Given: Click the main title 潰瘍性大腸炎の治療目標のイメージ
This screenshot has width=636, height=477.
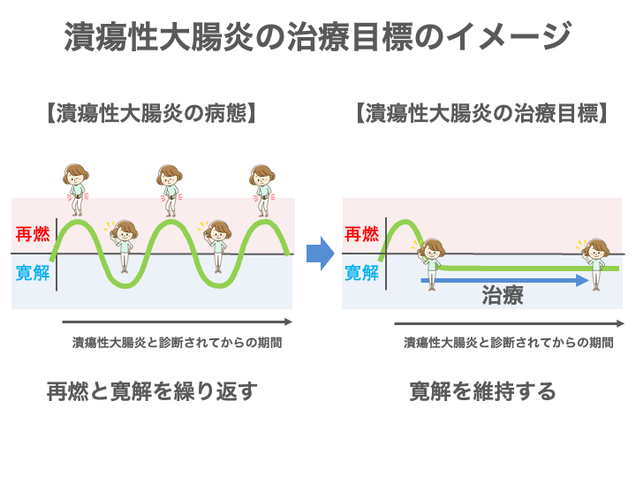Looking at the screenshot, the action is (318, 37).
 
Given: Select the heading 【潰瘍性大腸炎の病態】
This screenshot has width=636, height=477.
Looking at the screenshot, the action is (151, 113).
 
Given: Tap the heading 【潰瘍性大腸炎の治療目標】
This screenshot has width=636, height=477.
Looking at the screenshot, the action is (481, 113).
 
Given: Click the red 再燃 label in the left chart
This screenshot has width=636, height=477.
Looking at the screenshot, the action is (33, 234).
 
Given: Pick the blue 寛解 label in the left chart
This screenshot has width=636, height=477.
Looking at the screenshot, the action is (33, 273).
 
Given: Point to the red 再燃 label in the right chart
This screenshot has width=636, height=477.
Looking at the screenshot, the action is (361, 234).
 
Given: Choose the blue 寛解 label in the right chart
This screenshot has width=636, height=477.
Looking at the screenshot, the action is (361, 273).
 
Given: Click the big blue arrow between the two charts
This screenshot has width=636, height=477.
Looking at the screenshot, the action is (320, 254).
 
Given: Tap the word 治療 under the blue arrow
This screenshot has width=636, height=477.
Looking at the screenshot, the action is (503, 295).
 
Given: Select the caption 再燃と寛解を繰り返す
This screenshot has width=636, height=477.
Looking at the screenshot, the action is (152, 391).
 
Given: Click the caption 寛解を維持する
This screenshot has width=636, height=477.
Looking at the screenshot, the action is (482, 391).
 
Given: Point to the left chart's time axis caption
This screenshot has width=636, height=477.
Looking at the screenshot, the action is (177, 343).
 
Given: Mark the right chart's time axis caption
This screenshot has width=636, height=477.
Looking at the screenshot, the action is (508, 343).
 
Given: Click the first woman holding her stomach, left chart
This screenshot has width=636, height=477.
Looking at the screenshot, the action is (76, 190).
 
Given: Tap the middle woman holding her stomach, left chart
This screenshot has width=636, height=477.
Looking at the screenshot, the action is (170, 191).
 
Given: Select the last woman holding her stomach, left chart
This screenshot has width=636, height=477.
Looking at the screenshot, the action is (262, 191).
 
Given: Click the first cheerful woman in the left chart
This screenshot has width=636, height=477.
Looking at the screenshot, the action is (123, 246).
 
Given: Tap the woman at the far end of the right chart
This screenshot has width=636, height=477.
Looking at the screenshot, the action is (594, 264).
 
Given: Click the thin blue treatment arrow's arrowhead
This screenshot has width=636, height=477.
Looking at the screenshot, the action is (583, 280).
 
